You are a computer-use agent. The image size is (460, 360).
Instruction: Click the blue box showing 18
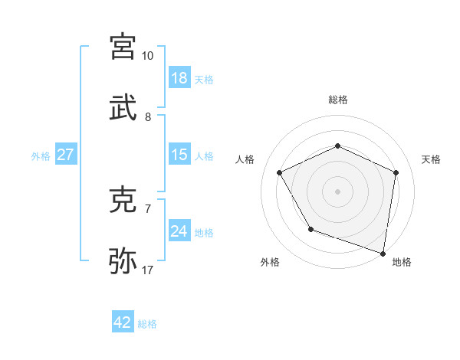point(179,78)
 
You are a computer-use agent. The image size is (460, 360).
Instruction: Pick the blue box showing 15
point(179,155)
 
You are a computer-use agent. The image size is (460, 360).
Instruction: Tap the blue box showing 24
point(179,231)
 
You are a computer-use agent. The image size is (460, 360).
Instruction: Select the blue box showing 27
point(66,155)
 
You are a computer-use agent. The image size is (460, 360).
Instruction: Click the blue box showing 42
point(123,322)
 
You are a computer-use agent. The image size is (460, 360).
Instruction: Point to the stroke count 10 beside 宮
point(147,56)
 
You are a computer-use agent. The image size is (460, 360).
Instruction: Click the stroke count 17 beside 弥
point(147,270)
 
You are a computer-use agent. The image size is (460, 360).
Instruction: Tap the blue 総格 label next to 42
point(147,324)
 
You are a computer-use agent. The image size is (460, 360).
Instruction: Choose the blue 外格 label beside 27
point(41,156)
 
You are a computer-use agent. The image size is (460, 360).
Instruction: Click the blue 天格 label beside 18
point(204,80)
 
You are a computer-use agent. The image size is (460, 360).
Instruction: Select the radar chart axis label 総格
point(338,100)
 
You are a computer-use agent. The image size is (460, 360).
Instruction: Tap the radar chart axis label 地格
point(402,262)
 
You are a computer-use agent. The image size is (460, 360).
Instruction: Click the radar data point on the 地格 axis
point(383,253)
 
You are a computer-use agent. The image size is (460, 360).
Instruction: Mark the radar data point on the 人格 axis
point(280,172)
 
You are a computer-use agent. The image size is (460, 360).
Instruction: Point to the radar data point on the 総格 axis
point(338,146)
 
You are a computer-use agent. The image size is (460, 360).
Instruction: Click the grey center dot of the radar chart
point(338,191)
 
